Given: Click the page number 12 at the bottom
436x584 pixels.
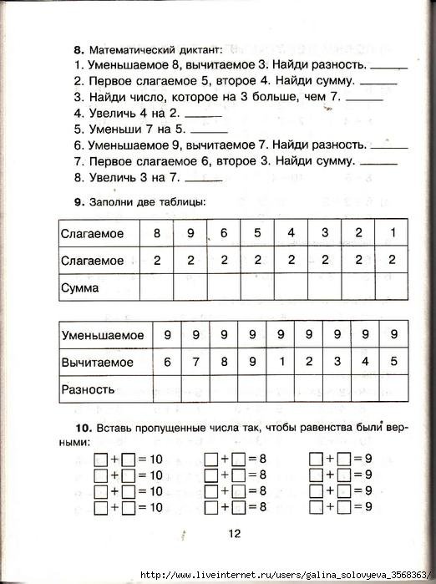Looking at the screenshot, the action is point(234,535).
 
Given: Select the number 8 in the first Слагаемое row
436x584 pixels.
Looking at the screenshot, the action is point(156,232).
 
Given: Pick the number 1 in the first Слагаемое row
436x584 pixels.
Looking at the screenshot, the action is point(392,232).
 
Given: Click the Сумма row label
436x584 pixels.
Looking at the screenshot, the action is point(80,288).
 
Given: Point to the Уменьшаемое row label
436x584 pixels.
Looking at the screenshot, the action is point(103,335).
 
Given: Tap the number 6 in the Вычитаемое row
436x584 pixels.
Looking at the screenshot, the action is point(167,362).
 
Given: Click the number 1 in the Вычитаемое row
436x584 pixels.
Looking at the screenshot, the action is point(283,362).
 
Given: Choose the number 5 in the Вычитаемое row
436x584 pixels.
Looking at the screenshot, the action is point(394,362).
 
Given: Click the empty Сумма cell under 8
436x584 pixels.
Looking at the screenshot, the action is point(156,288).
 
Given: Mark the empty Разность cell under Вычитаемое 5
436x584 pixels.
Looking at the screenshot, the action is point(394,389).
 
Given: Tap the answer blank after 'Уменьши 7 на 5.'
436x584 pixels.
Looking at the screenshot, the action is point(210,132).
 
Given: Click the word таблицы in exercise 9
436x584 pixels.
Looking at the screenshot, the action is point(184,201).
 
